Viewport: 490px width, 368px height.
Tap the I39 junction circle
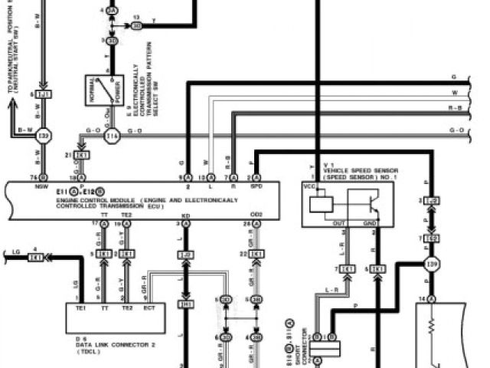click(430, 265)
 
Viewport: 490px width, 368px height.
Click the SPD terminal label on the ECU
click(257, 186)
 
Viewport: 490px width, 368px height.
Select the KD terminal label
click(185, 215)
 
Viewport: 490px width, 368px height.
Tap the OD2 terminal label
click(256, 215)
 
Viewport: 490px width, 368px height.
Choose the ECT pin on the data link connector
click(149, 307)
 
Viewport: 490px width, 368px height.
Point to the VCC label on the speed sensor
click(310, 186)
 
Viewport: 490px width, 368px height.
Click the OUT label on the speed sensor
click(338, 223)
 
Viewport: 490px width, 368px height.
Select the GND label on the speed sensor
click(371, 223)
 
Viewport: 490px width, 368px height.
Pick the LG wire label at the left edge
click(15, 251)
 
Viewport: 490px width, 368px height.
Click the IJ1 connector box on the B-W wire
click(43, 94)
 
